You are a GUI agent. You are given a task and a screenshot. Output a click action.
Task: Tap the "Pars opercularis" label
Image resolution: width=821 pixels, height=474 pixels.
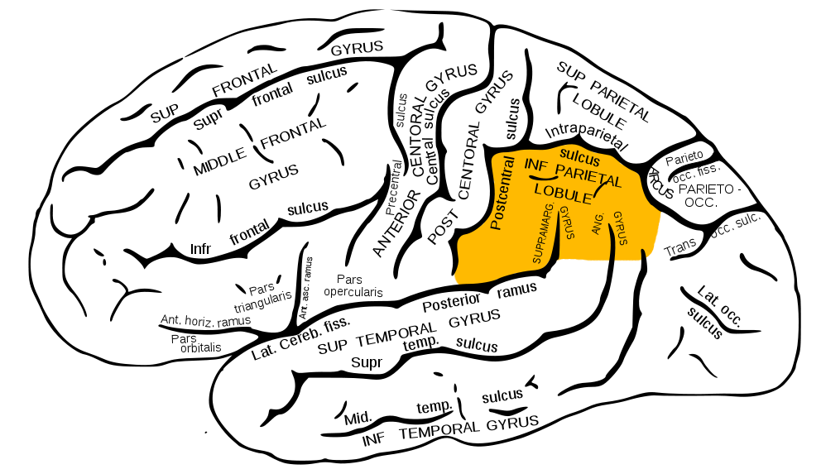tap(353, 285)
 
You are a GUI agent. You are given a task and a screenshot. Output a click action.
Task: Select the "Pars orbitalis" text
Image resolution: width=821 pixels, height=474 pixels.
tap(195, 343)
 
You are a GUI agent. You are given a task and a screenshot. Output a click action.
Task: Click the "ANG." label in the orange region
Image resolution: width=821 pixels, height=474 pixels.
tap(598, 224)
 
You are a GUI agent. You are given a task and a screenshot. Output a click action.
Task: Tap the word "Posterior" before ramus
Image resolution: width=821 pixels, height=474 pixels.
tap(451, 302)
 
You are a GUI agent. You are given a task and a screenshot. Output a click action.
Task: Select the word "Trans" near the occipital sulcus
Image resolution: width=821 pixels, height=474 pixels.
tap(679, 247)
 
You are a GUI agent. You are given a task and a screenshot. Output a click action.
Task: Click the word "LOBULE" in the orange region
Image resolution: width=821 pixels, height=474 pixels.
tap(563, 194)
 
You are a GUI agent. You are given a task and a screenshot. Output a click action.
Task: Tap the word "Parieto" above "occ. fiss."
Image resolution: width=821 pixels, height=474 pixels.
tap(684, 156)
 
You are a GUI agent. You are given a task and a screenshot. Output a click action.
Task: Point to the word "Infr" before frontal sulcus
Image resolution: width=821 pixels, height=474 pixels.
tap(201, 248)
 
